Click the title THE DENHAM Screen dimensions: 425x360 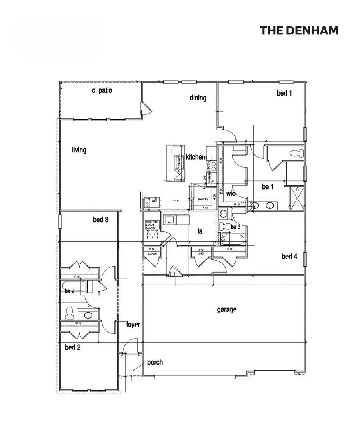click(x=299, y=30)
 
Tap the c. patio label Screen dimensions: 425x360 click(x=102, y=90)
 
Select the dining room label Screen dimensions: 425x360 click(x=198, y=98)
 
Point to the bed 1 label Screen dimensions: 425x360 click(x=284, y=93)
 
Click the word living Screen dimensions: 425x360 click(x=79, y=150)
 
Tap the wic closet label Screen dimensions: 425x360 click(x=230, y=194)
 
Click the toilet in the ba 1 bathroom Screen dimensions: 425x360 click(x=296, y=153)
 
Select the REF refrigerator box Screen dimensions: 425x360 click(x=152, y=203)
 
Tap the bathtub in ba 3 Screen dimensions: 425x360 click(x=233, y=240)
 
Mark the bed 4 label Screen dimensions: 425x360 click(x=289, y=256)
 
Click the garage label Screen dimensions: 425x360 click(x=227, y=309)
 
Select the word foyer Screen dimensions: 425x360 click(x=133, y=324)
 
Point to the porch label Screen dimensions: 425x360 click(x=155, y=363)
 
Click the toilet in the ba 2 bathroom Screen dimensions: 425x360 click(x=69, y=311)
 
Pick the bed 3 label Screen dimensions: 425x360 click(x=100, y=219)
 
